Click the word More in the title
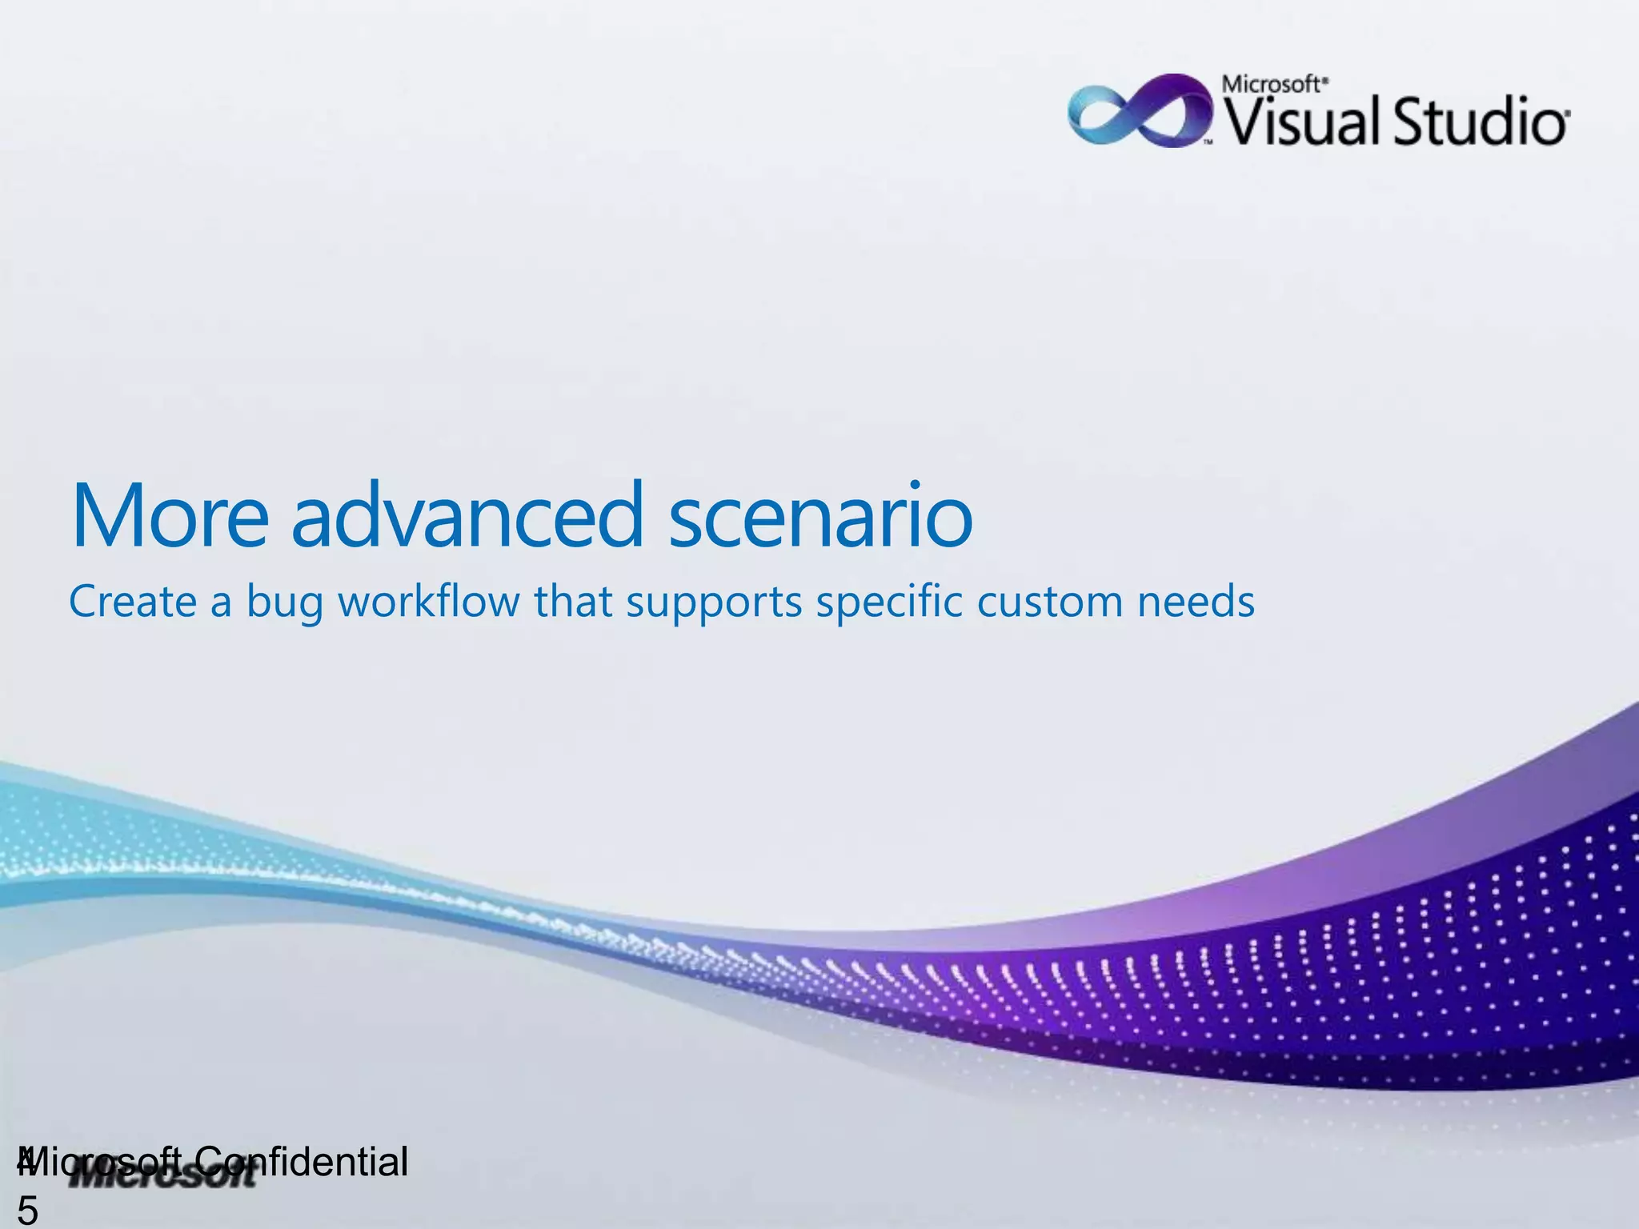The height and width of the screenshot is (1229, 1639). (x=170, y=516)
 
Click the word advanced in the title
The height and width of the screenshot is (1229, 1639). (x=467, y=516)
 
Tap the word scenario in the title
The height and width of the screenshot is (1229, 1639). (x=820, y=516)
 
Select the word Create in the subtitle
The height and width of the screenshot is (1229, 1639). (x=132, y=602)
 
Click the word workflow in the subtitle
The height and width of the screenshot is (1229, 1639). (x=428, y=602)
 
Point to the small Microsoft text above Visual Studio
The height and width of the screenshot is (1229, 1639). (x=1274, y=84)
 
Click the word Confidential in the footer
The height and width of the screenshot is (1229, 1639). (x=303, y=1162)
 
